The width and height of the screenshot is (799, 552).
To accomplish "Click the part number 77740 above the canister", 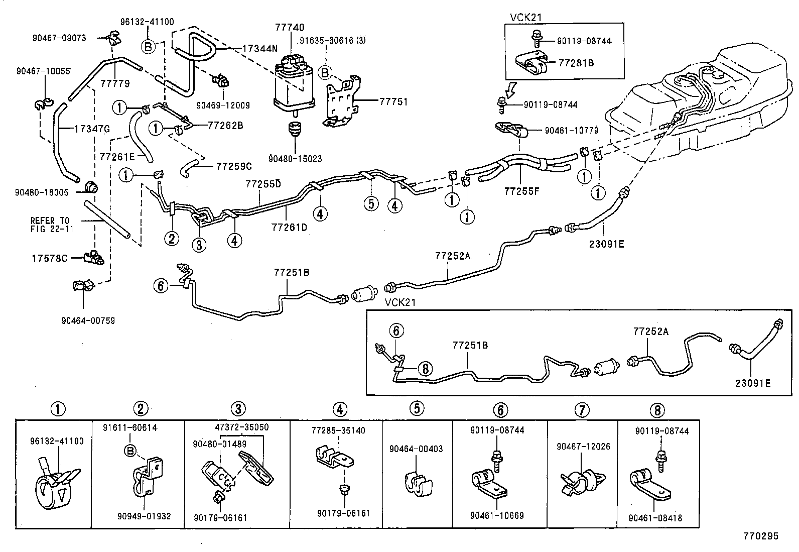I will point(289,27).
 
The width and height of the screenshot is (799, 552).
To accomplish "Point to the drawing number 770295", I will point(761,536).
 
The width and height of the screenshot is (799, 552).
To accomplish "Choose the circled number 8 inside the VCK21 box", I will point(425,369).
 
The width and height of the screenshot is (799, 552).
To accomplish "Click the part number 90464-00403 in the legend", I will point(416,449).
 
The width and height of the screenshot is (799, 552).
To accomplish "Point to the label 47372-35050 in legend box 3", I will point(242,427).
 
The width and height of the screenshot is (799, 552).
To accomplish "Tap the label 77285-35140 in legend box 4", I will point(338,430).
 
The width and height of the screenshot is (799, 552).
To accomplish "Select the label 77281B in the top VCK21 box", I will point(576,63).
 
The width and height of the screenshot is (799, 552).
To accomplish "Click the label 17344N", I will point(259,49).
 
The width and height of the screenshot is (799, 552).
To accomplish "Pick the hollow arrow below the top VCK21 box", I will point(510,89).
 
